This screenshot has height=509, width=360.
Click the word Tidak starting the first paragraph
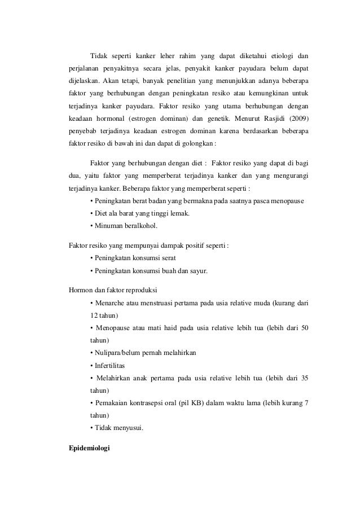[x=99, y=55]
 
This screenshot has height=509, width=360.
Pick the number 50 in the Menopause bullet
[x=304, y=328]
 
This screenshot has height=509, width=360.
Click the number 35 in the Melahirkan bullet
[x=304, y=378]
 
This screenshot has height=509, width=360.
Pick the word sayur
[x=197, y=270]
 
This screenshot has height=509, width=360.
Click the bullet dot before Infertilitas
[x=91, y=366]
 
